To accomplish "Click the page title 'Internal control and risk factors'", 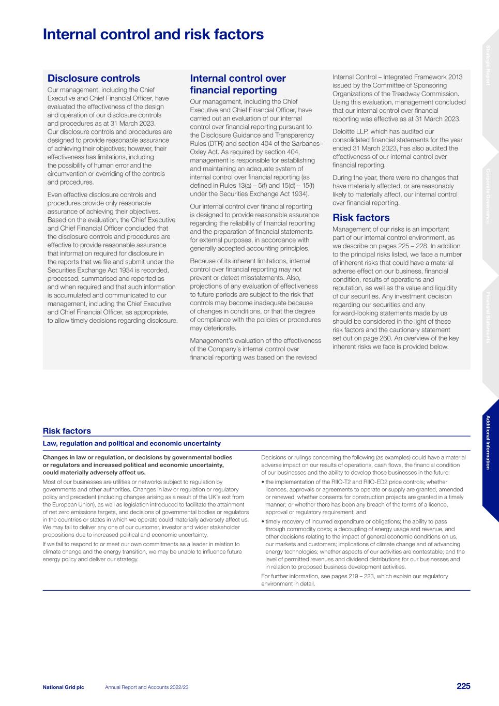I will [153, 35].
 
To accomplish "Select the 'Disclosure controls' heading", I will [94, 79].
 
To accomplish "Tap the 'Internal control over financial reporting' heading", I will [238, 84].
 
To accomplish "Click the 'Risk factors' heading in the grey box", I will [361, 218].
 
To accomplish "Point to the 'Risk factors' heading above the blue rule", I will [67, 431].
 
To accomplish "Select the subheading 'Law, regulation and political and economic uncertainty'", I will [131, 443].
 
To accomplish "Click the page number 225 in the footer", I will [463, 686].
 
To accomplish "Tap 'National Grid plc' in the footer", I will [63, 687].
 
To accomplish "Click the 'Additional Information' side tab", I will [488, 442].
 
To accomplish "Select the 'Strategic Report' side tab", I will [488, 65].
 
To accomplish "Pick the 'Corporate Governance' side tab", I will [488, 196].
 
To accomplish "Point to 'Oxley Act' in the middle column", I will [205, 152].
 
